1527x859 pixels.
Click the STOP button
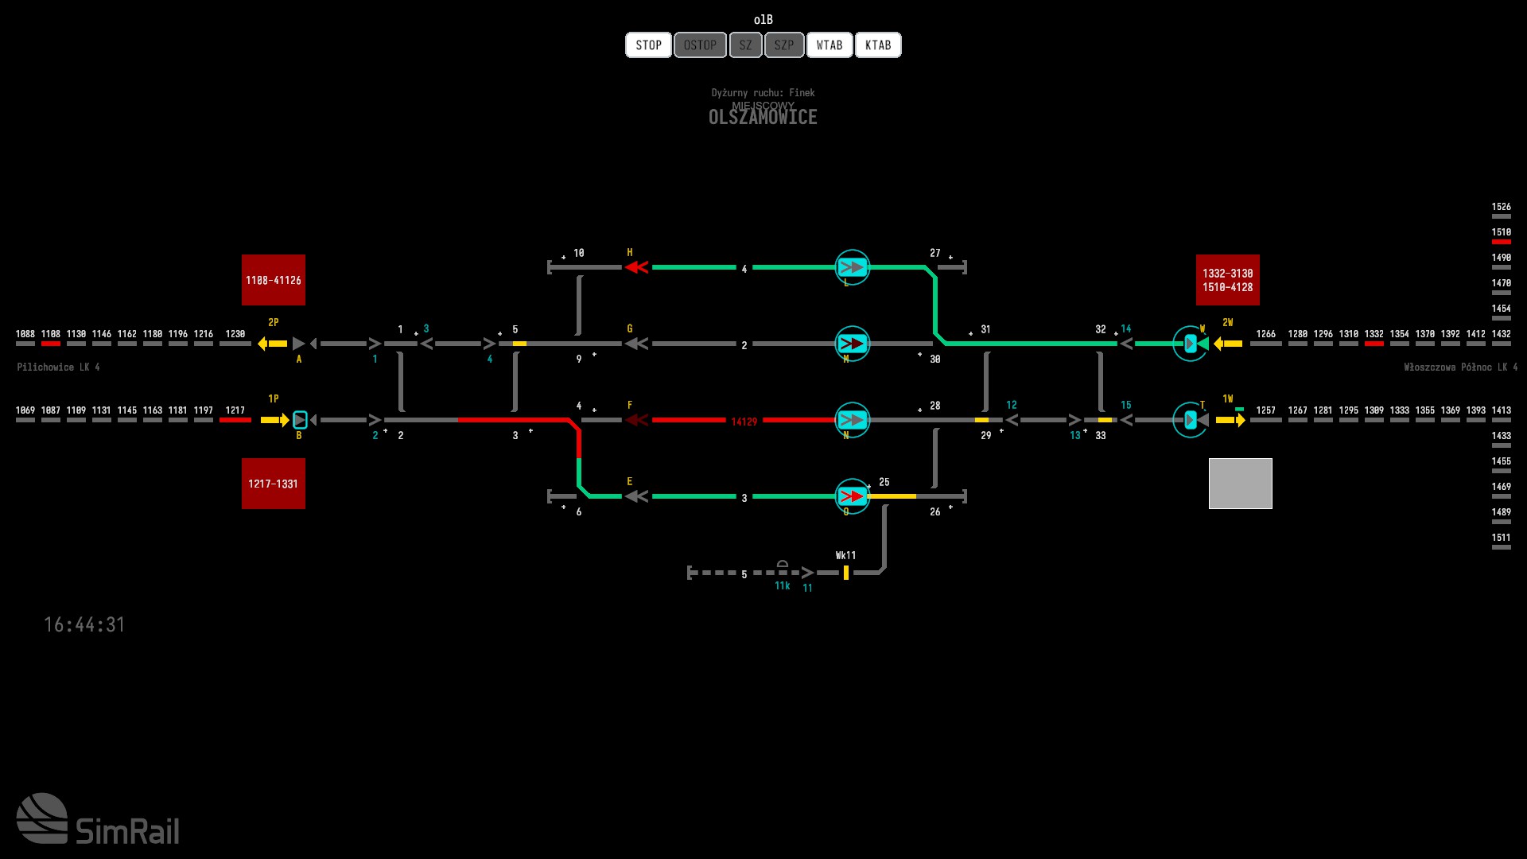pos(648,45)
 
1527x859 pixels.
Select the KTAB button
pos(878,45)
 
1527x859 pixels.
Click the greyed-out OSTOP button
pos(700,45)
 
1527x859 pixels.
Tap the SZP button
pos(784,45)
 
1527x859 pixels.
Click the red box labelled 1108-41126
pos(274,280)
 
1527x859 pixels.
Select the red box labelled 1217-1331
pos(274,484)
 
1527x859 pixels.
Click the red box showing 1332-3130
pos(1227,280)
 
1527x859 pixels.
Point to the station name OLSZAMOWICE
pos(763,118)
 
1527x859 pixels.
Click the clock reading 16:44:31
pos(84,625)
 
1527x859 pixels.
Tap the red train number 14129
pos(744,422)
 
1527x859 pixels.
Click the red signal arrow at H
pos(636,267)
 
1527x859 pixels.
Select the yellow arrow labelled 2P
pos(273,344)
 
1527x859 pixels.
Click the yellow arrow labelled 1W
pos(1230,420)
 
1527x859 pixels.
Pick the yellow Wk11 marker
pos(846,573)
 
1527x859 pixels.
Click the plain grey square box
pos(1240,484)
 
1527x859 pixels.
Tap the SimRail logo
pos(98,819)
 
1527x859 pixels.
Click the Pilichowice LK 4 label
pos(58,367)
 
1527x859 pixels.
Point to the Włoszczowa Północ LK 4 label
pos(1460,367)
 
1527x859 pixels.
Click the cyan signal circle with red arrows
pos(852,496)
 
